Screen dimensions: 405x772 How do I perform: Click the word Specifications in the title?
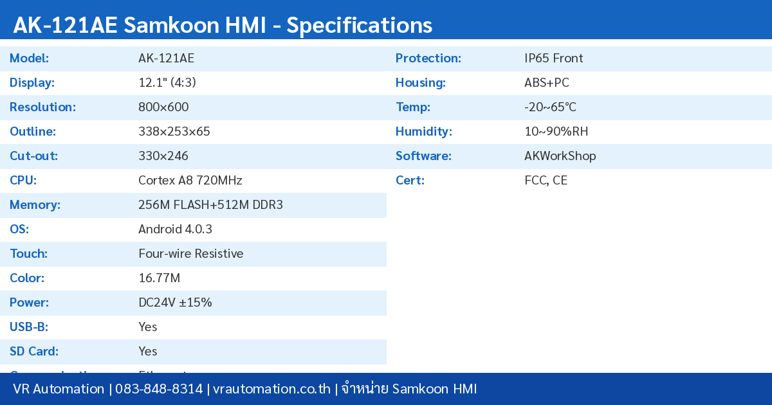point(359,25)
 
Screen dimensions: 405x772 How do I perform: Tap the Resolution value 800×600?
point(163,107)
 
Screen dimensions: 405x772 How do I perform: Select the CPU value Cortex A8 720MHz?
point(190,181)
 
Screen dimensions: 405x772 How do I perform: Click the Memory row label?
point(35,205)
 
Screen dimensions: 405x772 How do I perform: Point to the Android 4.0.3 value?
point(175,230)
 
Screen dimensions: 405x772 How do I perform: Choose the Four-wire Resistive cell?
point(190,254)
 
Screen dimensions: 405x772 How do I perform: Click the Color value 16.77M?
point(159,278)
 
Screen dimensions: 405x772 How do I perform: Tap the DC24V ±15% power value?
point(175,303)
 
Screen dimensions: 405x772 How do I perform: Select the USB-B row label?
point(29,327)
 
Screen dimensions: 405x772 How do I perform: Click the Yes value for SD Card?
point(148,352)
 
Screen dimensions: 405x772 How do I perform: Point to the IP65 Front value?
point(553,59)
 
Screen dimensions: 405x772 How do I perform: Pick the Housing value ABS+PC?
point(546,83)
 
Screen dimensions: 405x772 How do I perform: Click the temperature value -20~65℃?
point(550,107)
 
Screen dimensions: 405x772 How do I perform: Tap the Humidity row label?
point(423,132)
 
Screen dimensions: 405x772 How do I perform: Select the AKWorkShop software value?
point(560,156)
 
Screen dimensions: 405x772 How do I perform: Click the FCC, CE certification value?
point(546,181)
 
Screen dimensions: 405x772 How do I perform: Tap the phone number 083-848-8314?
point(159,389)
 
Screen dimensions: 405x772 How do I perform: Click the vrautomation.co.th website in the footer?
point(271,389)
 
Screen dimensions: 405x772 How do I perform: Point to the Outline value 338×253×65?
point(174,132)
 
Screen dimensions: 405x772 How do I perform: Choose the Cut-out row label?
point(33,156)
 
